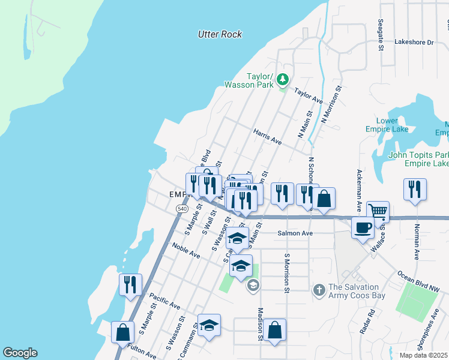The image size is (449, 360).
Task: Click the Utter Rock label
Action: coord(220,34)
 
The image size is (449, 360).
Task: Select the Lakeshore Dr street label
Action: coord(414,43)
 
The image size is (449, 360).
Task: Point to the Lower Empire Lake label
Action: coord(387,125)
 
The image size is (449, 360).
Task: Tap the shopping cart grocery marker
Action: coord(378,211)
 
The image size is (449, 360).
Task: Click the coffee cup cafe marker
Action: coord(363,227)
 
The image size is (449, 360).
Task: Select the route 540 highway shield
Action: coord(182,208)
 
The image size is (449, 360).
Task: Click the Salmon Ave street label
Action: coord(295,233)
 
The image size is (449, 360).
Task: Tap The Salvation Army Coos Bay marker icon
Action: coord(320,291)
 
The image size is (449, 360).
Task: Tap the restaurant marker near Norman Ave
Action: coord(415,188)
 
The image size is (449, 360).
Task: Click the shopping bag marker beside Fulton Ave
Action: coord(122,332)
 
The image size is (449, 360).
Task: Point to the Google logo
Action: coord(20,353)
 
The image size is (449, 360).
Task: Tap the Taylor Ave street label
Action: coord(309,93)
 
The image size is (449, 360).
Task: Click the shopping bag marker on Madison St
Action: coord(274,329)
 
